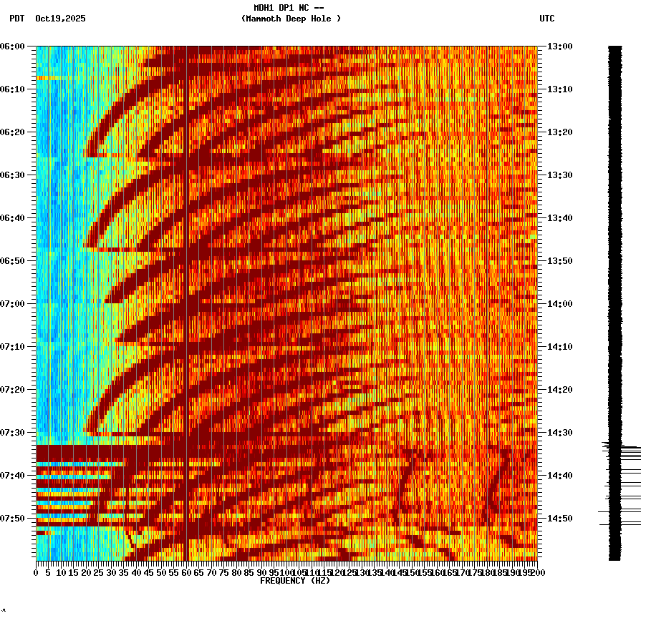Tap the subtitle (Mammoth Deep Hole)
(291, 19)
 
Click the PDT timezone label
(17, 19)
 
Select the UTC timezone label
(546, 19)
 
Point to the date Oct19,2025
(60, 19)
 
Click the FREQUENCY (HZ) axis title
(295, 581)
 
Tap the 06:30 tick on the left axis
(14, 175)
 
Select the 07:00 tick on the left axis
(14, 304)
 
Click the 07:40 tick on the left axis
(14, 476)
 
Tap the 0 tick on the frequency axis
(37, 572)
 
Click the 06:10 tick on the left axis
(14, 89)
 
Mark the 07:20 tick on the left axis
(14, 390)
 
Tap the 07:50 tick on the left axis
(14, 519)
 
